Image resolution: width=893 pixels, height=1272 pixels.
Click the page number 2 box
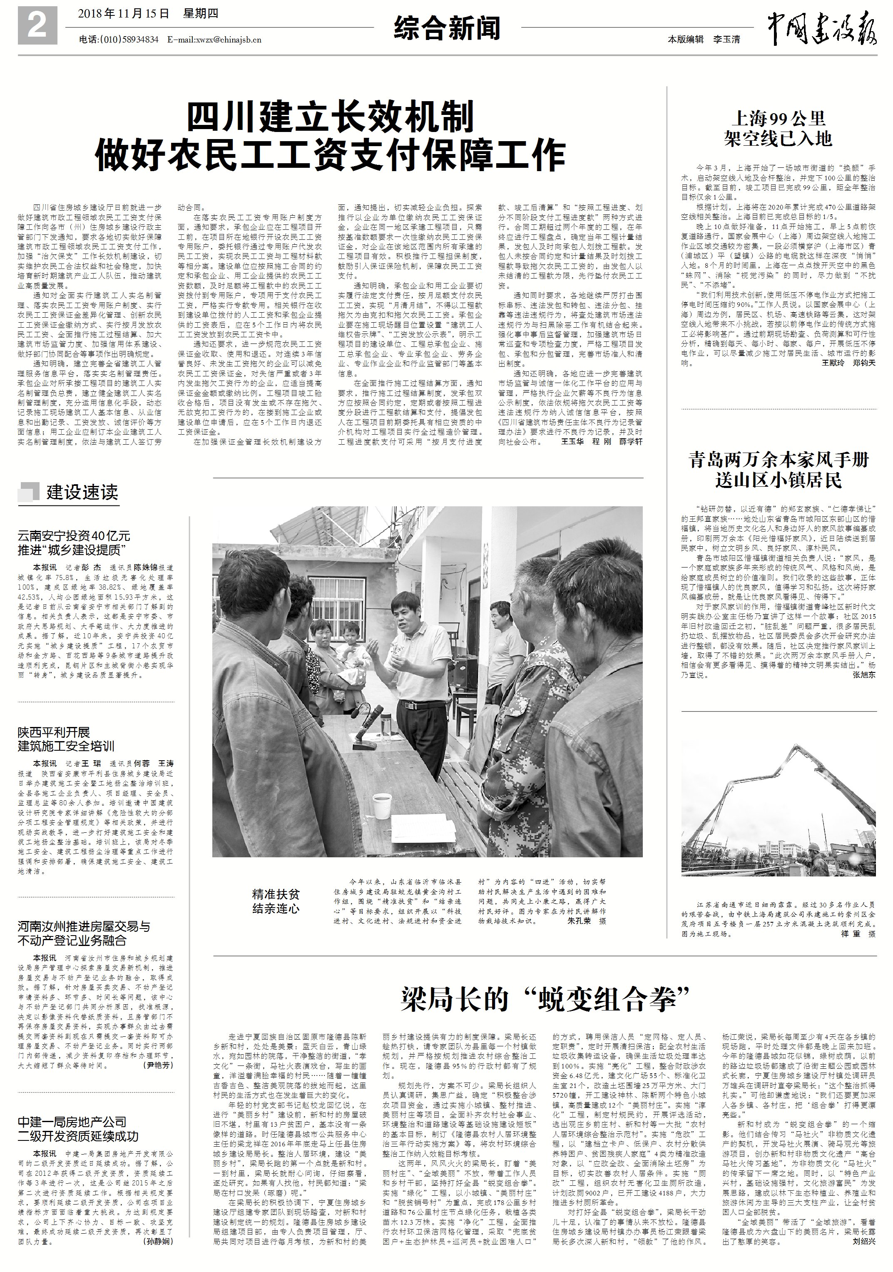[37, 25]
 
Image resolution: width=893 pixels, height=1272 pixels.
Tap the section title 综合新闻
[447, 28]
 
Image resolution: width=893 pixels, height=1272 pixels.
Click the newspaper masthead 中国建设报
[821, 30]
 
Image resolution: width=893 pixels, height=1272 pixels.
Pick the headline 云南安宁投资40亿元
[74, 536]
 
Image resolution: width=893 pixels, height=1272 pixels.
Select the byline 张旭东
[863, 675]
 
